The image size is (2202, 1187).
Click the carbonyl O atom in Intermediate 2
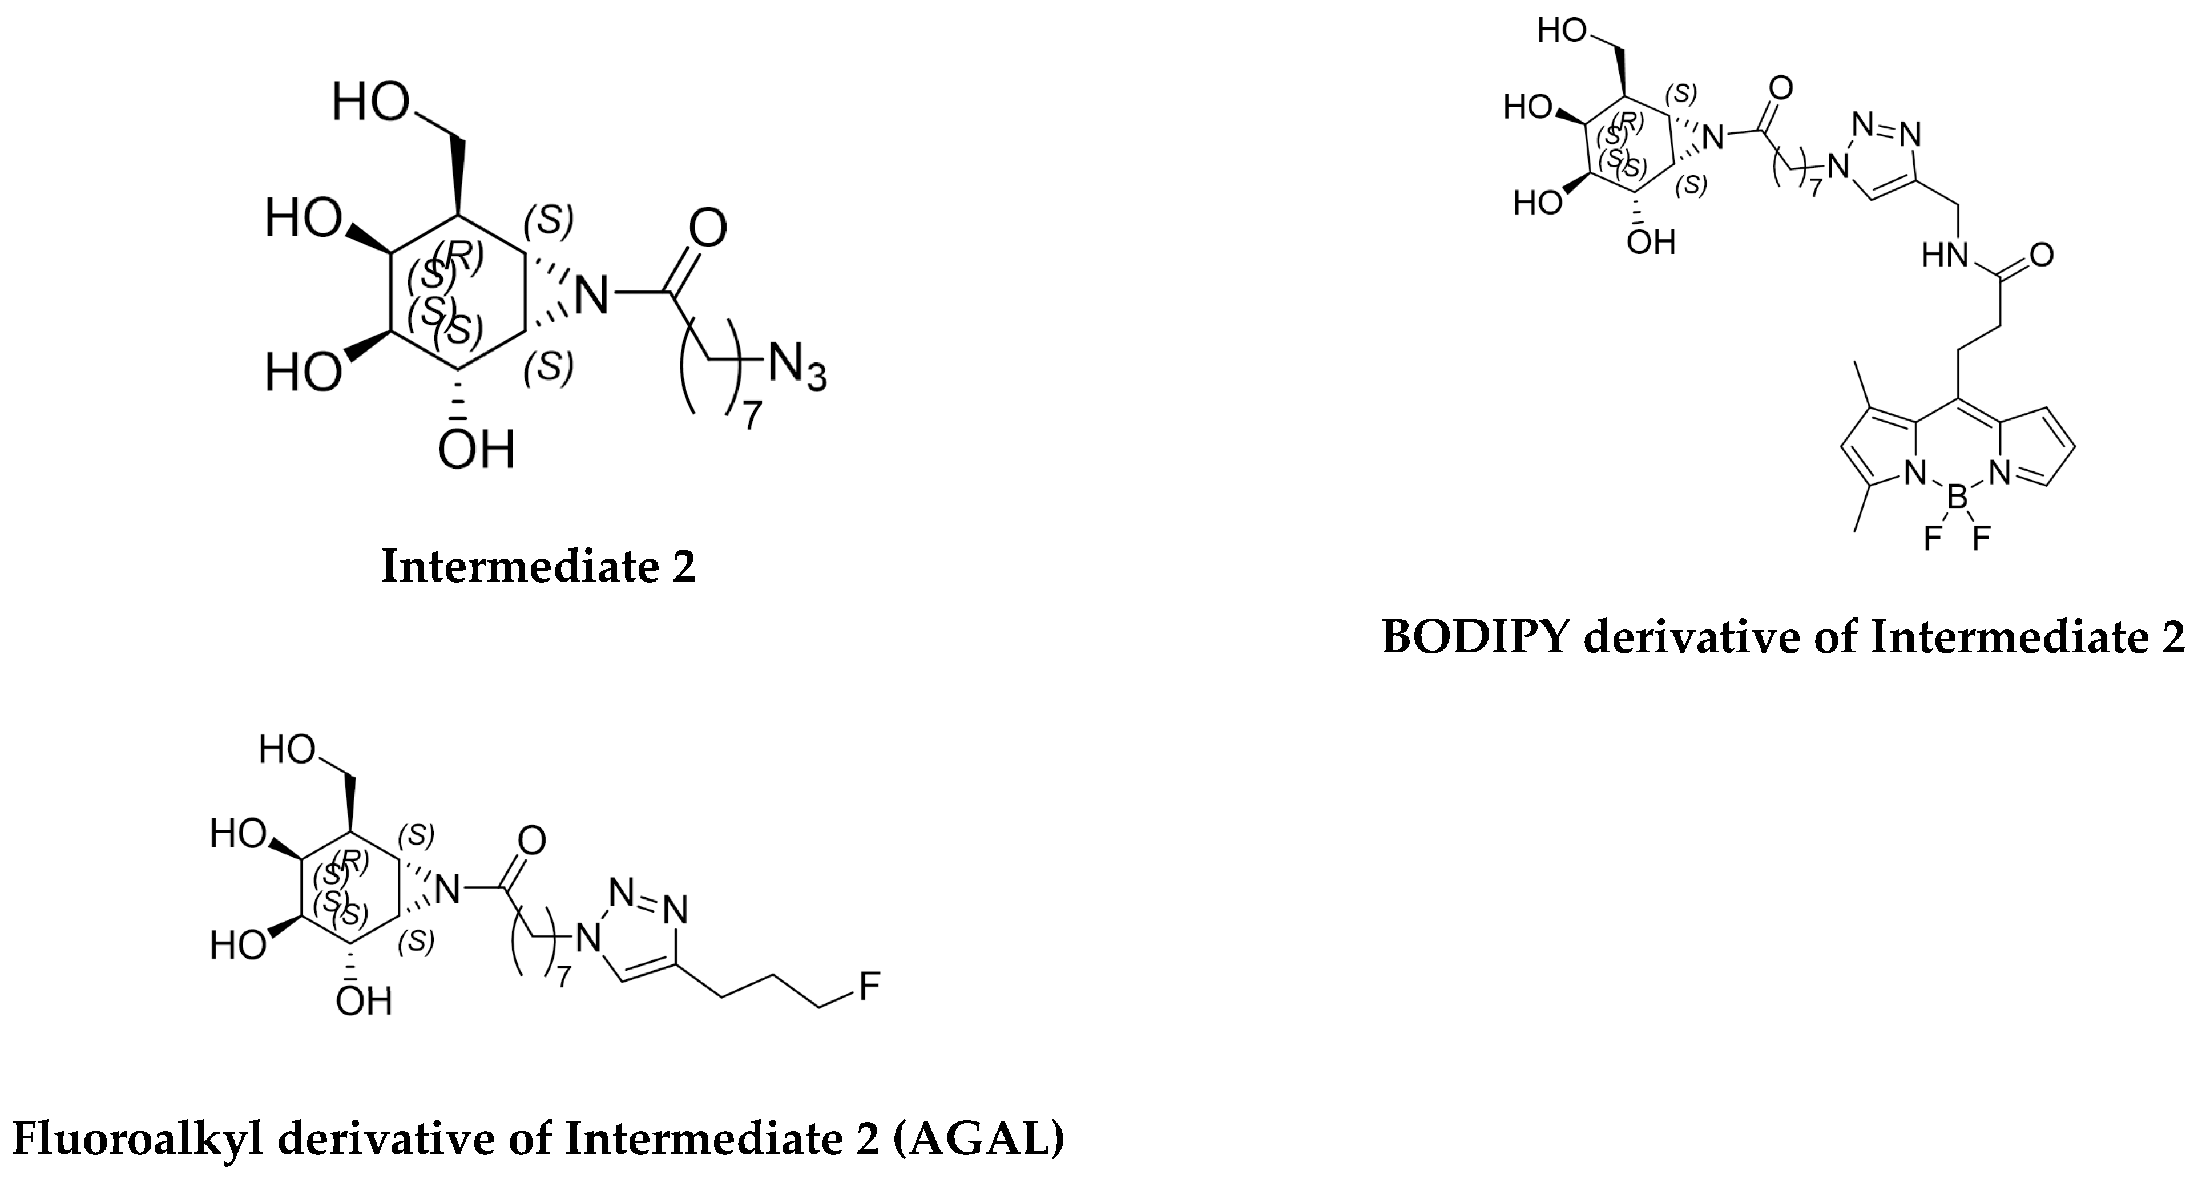tap(707, 228)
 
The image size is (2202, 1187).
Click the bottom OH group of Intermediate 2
tap(476, 450)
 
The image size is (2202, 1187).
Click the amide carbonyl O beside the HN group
tap(2040, 255)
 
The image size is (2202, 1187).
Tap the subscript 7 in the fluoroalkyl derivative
tap(562, 977)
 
